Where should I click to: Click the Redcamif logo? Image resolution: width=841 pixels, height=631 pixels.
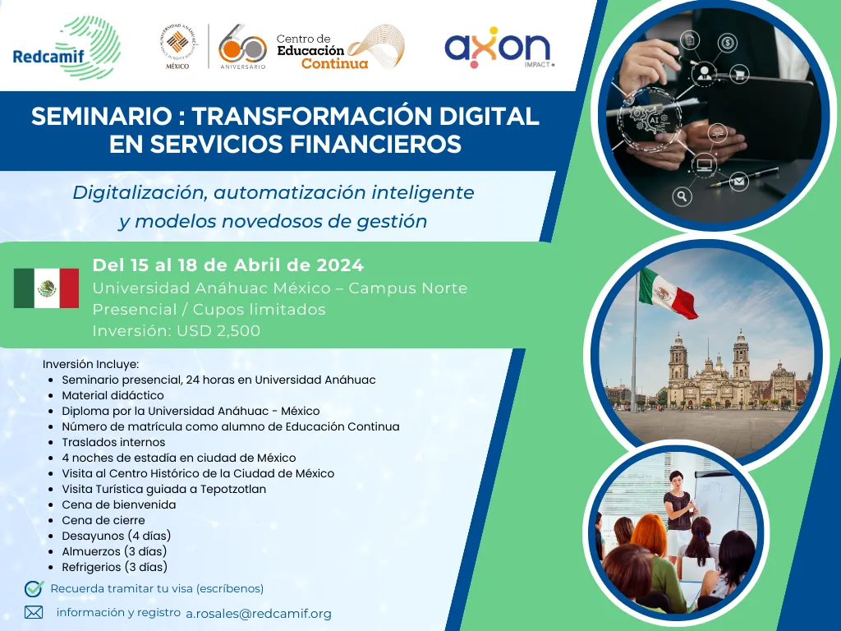[x=67, y=48]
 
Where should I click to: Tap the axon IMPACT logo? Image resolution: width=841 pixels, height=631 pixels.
[x=499, y=48]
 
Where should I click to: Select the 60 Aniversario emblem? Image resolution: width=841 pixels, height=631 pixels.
[x=242, y=47]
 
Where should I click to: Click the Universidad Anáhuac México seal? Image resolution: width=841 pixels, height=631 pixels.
[x=178, y=47]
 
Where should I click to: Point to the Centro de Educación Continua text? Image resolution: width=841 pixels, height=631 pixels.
[x=322, y=52]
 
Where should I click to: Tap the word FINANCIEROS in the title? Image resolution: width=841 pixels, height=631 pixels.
[x=374, y=144]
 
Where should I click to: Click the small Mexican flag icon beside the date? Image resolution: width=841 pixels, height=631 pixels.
[x=46, y=288]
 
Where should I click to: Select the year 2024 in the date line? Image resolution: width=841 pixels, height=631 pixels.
[x=340, y=265]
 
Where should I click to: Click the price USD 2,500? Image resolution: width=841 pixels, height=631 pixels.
[x=218, y=330]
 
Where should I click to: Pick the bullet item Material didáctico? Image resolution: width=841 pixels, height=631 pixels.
[x=113, y=395]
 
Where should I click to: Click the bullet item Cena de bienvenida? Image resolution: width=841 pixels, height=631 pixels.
[x=118, y=505]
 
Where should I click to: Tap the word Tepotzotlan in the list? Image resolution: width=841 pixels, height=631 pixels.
[x=233, y=490]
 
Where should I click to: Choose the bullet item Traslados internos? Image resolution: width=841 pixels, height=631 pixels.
[x=113, y=442]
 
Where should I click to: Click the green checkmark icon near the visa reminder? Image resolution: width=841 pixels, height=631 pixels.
[x=34, y=588]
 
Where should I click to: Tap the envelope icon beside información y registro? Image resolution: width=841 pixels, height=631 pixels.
[x=33, y=612]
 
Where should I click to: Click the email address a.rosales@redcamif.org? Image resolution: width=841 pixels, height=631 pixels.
[x=259, y=614]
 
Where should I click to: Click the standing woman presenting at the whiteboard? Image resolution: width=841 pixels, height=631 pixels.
[x=678, y=515]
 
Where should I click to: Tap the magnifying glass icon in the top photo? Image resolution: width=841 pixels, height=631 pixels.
[x=682, y=197]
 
